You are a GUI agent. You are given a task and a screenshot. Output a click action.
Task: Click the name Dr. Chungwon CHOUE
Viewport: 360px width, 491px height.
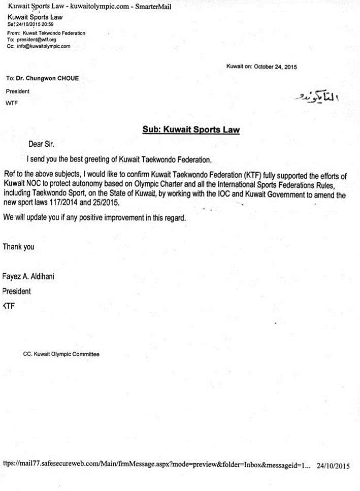tap(46, 79)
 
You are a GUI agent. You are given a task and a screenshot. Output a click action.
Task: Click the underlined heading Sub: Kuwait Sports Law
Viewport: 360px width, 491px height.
tap(191, 130)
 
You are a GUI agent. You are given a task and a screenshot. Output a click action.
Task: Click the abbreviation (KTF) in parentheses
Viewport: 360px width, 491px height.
tap(252, 176)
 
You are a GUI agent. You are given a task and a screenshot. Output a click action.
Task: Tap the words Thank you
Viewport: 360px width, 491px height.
tap(19, 247)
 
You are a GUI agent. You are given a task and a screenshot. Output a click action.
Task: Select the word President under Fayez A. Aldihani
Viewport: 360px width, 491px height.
tap(17, 291)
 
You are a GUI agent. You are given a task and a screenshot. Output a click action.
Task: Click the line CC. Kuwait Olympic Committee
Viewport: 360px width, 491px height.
tap(61, 354)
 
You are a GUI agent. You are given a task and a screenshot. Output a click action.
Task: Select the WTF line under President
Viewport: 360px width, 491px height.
tap(12, 103)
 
